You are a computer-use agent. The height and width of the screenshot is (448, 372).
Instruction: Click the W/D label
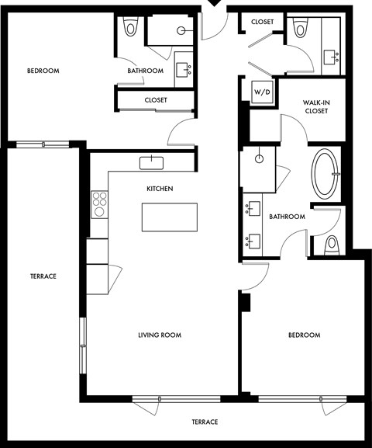[x=262, y=92]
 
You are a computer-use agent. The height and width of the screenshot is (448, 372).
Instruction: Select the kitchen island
[x=169, y=217]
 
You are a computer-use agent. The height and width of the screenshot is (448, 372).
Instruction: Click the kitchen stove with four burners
[x=99, y=203]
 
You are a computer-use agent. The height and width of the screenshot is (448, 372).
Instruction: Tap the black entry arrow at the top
[x=212, y=5]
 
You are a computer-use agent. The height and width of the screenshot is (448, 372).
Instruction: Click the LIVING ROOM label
[x=160, y=335]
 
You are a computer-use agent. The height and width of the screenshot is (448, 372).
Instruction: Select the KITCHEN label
[x=160, y=189]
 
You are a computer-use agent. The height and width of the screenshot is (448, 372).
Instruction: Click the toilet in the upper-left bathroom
[x=130, y=30]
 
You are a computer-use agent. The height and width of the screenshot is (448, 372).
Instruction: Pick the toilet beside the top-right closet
[x=300, y=30]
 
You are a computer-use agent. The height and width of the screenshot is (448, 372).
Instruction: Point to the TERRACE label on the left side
[x=43, y=276]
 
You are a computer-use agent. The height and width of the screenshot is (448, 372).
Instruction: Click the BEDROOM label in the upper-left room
[x=43, y=71]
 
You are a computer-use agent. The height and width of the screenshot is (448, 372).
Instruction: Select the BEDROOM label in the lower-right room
[x=304, y=335]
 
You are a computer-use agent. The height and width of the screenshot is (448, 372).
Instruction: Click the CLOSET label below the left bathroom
[x=156, y=100]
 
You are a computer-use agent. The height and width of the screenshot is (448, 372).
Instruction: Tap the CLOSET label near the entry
[x=262, y=22]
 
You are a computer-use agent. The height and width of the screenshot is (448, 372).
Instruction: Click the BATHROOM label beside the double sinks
[x=287, y=217]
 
